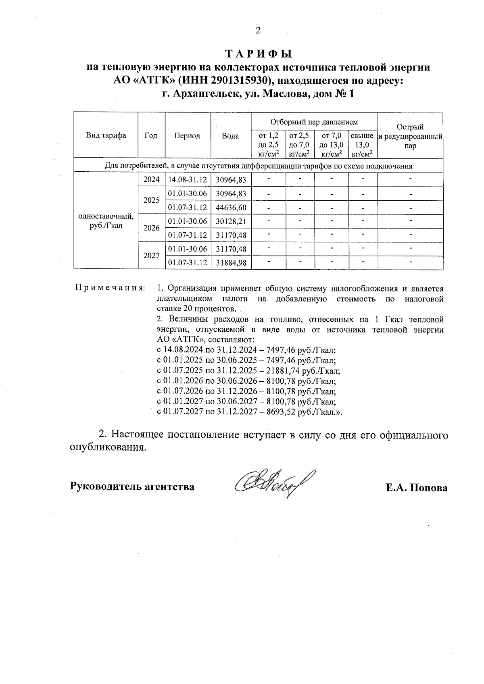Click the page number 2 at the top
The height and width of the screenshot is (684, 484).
pos(258,30)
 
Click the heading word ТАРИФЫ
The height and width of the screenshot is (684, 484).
pos(258,54)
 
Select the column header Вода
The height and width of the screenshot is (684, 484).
pos(230,136)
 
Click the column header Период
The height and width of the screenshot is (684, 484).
pos(187,136)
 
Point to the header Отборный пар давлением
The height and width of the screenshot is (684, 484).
pos(314,122)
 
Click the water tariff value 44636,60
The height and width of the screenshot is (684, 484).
pos(231,208)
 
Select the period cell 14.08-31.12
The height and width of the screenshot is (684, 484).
pos(188,180)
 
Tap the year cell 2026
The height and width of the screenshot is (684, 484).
pos(152,228)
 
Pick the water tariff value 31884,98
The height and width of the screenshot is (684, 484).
pos(231,263)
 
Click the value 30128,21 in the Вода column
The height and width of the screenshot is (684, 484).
pos(231,221)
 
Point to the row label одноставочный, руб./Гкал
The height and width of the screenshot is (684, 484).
pos(106,221)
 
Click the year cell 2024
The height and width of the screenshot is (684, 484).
pos(152,180)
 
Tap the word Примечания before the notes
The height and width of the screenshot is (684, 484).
pos(110,289)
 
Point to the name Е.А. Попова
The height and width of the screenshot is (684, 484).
pos(416,488)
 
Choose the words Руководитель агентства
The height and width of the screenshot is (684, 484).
pos(132,486)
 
